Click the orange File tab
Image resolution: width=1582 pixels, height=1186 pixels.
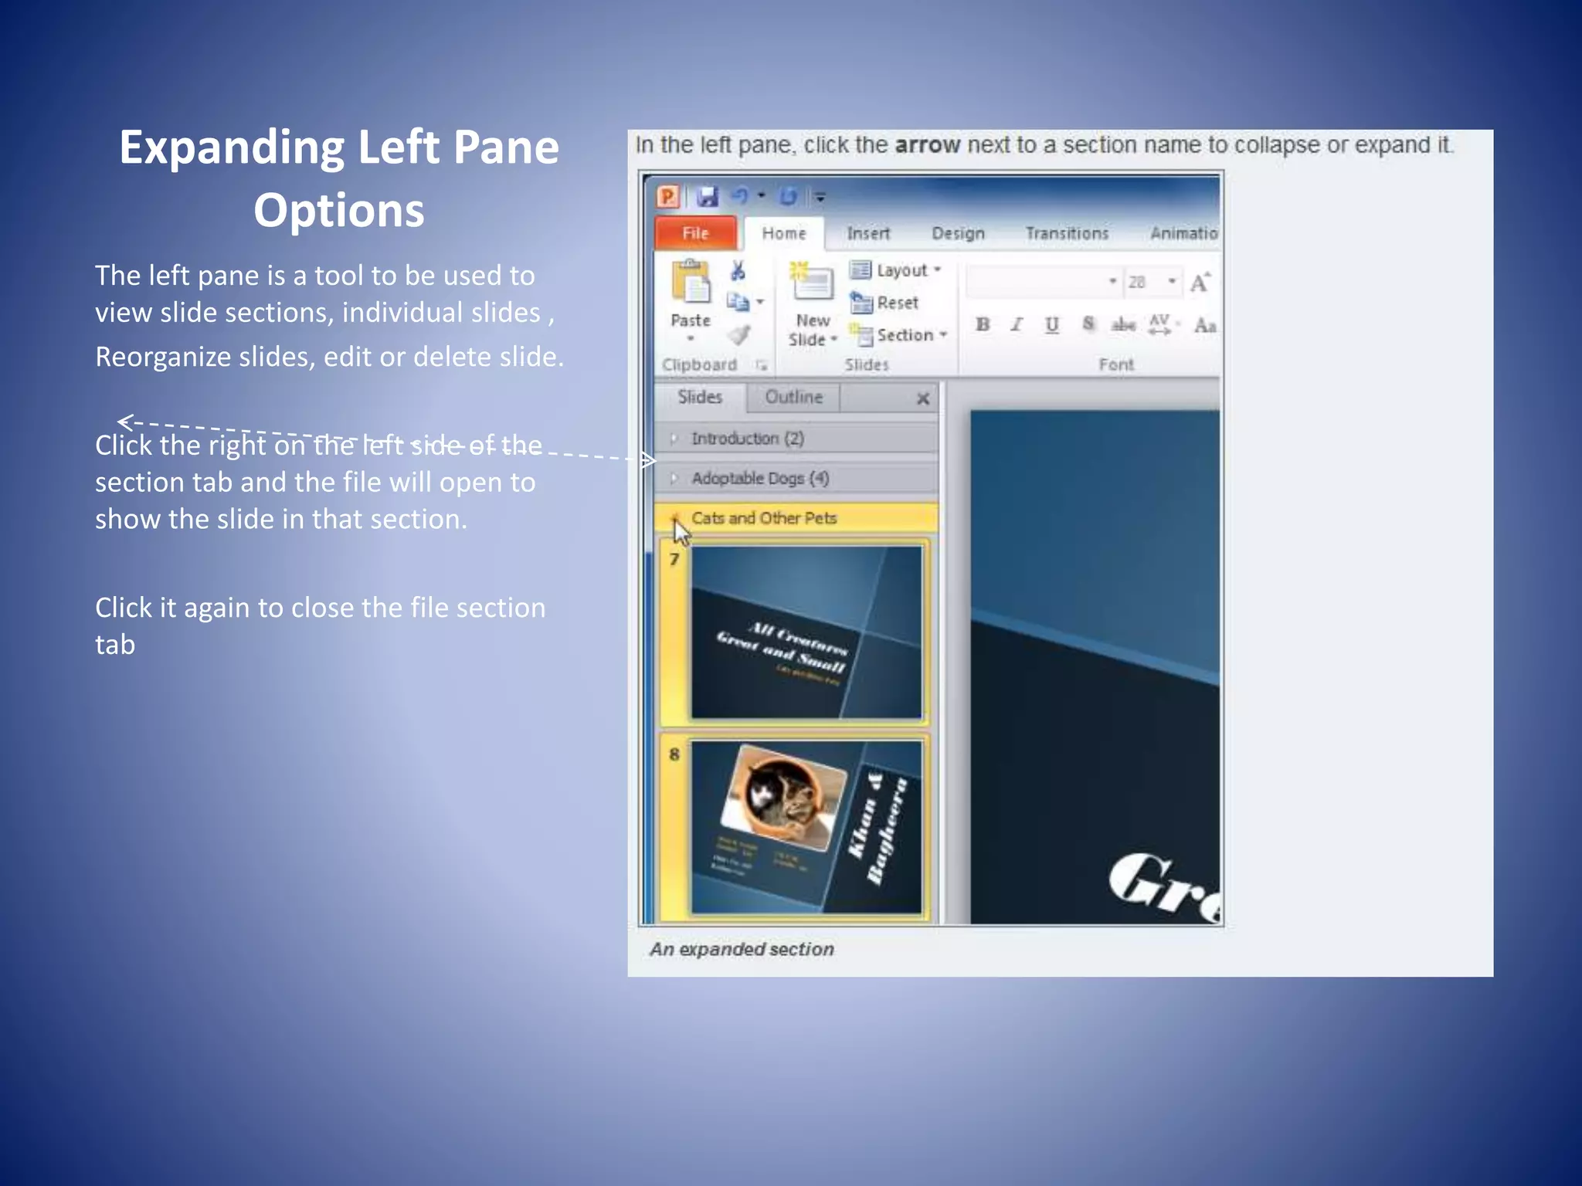click(695, 233)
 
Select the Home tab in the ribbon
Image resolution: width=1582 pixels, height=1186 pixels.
click(783, 233)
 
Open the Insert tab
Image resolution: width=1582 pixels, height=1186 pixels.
click(868, 233)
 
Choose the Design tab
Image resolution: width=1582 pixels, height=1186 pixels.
click(958, 233)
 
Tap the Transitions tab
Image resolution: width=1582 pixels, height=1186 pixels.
click(1067, 233)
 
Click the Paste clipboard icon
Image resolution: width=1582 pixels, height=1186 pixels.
click(691, 283)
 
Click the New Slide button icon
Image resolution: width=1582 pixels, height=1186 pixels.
click(812, 282)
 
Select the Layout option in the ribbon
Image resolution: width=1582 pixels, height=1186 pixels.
click(896, 270)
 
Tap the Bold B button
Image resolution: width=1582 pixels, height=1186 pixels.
click(983, 325)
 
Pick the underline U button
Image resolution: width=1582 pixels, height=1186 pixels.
click(1051, 325)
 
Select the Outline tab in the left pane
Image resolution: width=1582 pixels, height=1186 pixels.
click(793, 397)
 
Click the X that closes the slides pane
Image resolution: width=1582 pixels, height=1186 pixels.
click(922, 399)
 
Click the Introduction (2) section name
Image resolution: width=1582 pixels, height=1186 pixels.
click(747, 439)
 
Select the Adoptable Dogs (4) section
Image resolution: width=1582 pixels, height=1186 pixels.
click(760, 479)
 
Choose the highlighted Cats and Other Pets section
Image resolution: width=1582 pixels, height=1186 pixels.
click(764, 518)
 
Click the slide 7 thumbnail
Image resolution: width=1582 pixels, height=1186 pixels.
click(806, 632)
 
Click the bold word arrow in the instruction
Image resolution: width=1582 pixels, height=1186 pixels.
click(927, 145)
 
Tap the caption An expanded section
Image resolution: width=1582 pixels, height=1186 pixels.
click(742, 949)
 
